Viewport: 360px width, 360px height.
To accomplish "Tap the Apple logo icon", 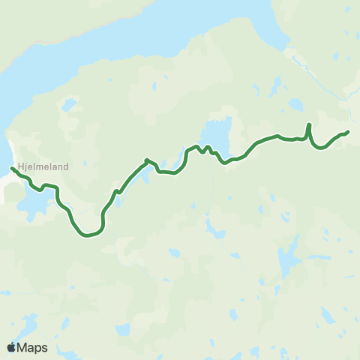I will tap(12, 347).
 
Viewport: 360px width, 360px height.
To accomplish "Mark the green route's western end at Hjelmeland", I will tap(12, 168).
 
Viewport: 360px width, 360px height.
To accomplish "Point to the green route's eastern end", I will tap(348, 132).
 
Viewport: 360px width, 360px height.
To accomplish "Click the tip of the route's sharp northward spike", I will tap(309, 124).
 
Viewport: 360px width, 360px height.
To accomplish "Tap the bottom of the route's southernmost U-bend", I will tap(88, 235).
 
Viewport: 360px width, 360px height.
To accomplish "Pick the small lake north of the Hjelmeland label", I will tap(69, 104).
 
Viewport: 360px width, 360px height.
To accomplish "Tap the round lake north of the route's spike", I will tap(297, 103).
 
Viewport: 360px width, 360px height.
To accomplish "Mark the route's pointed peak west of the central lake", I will tap(146, 159).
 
